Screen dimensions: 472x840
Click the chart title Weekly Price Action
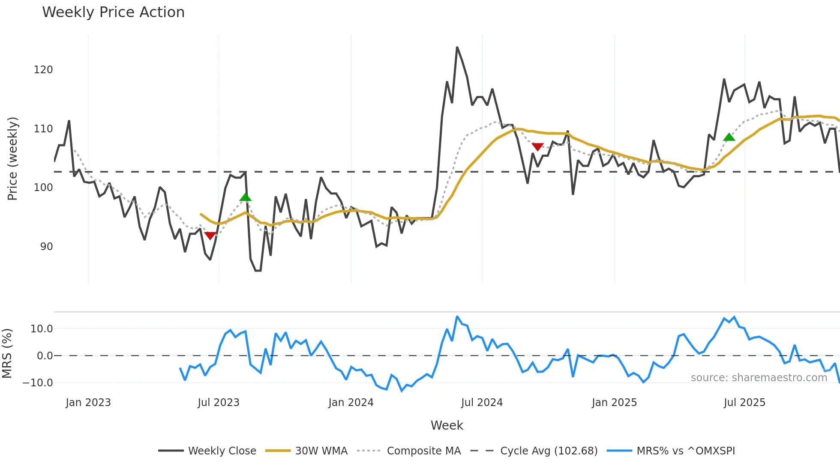113,12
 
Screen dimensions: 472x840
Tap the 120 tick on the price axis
43,70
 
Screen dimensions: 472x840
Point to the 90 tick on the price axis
46,247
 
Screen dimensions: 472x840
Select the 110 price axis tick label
43,129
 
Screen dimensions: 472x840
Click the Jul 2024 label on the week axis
482,403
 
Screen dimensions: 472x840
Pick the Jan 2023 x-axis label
88,403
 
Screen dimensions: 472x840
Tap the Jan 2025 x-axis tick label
614,403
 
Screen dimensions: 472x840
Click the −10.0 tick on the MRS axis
38,383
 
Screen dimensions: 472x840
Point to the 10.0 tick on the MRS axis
42,329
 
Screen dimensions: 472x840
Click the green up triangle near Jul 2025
729,137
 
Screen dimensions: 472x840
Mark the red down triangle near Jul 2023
210,236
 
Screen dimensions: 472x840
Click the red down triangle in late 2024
537,146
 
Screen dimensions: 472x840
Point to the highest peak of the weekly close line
457,47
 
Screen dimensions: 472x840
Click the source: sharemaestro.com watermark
759,378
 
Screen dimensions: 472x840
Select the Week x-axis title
447,425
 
